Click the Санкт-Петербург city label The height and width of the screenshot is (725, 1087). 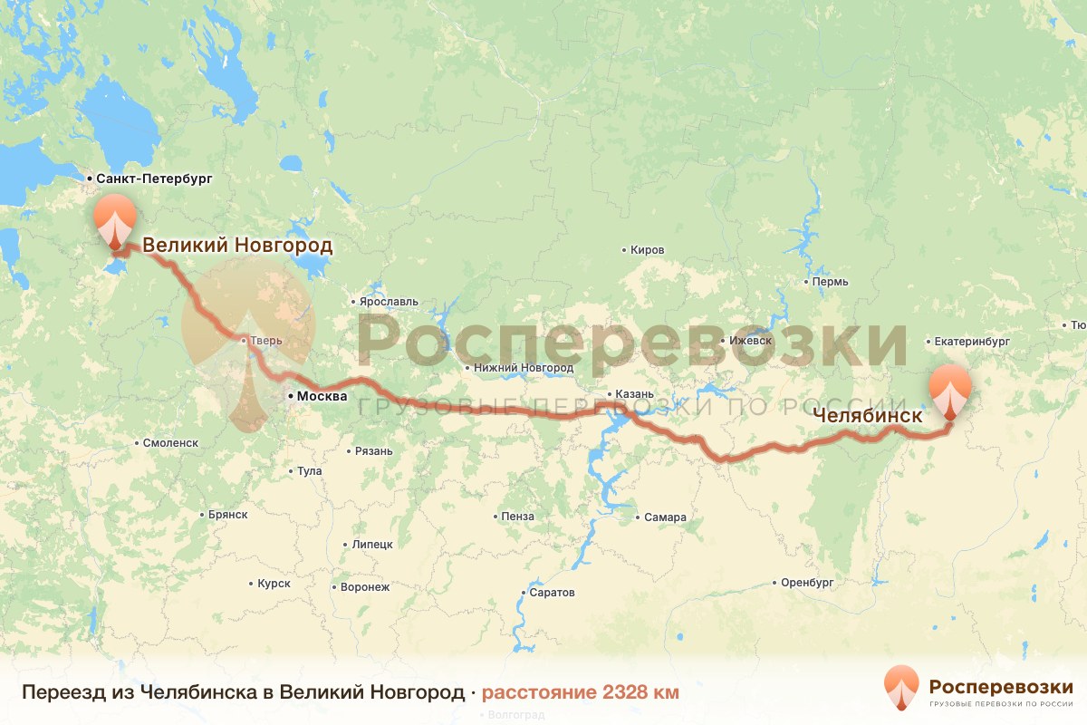coord(154,179)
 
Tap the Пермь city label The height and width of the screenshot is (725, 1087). coord(830,282)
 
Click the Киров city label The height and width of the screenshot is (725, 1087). coord(648,250)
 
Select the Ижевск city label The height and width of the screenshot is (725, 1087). coord(750,342)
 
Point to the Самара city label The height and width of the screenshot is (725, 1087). coord(665,517)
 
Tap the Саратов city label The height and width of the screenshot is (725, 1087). coord(553,593)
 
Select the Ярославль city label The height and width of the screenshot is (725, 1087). coord(390,302)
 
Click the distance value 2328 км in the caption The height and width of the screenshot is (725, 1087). coord(580,693)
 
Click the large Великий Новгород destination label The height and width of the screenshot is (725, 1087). coord(237,246)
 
